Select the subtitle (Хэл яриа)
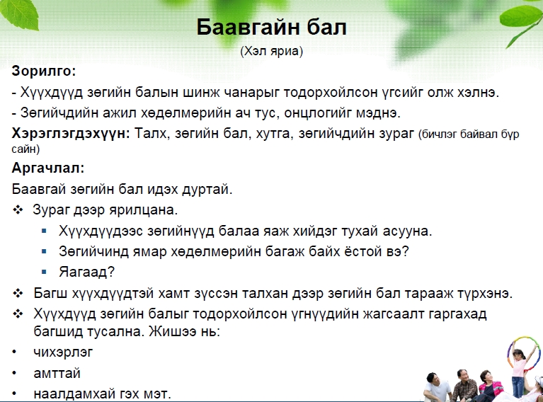(272, 51)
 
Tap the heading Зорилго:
(44, 71)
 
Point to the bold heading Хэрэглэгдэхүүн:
(71, 134)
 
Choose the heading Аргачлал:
(48, 168)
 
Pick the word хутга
(275, 134)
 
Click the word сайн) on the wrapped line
(25, 149)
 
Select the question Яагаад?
(86, 272)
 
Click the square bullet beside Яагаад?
(44, 272)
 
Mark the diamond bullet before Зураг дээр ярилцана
(18, 209)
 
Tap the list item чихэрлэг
(64, 352)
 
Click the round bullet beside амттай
(14, 373)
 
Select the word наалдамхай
(74, 394)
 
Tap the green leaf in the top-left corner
(21, 14)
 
